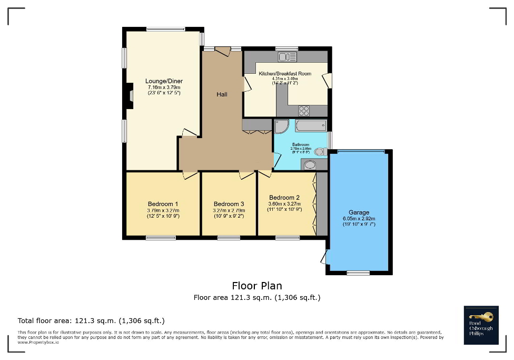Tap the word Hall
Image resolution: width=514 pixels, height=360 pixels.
(222, 94)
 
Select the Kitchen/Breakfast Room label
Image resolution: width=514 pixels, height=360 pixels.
(285, 74)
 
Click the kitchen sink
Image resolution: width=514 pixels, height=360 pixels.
(288, 57)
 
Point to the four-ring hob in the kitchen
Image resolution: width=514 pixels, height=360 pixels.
(304, 110)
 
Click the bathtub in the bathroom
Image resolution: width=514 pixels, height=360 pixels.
(311, 125)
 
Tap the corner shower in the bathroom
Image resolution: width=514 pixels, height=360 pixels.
(281, 127)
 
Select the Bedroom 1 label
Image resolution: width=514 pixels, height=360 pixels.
(163, 204)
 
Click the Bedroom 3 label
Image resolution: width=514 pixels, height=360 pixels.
(229, 204)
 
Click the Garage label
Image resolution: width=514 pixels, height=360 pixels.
(359, 212)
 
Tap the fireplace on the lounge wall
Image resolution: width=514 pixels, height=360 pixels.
(129, 96)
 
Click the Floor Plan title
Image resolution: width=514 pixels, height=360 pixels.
(257, 286)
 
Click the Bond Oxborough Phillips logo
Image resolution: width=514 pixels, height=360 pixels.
(480, 325)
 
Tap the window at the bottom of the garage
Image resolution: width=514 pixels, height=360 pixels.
(358, 273)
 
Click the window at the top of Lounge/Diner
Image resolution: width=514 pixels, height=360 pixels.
(165, 30)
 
